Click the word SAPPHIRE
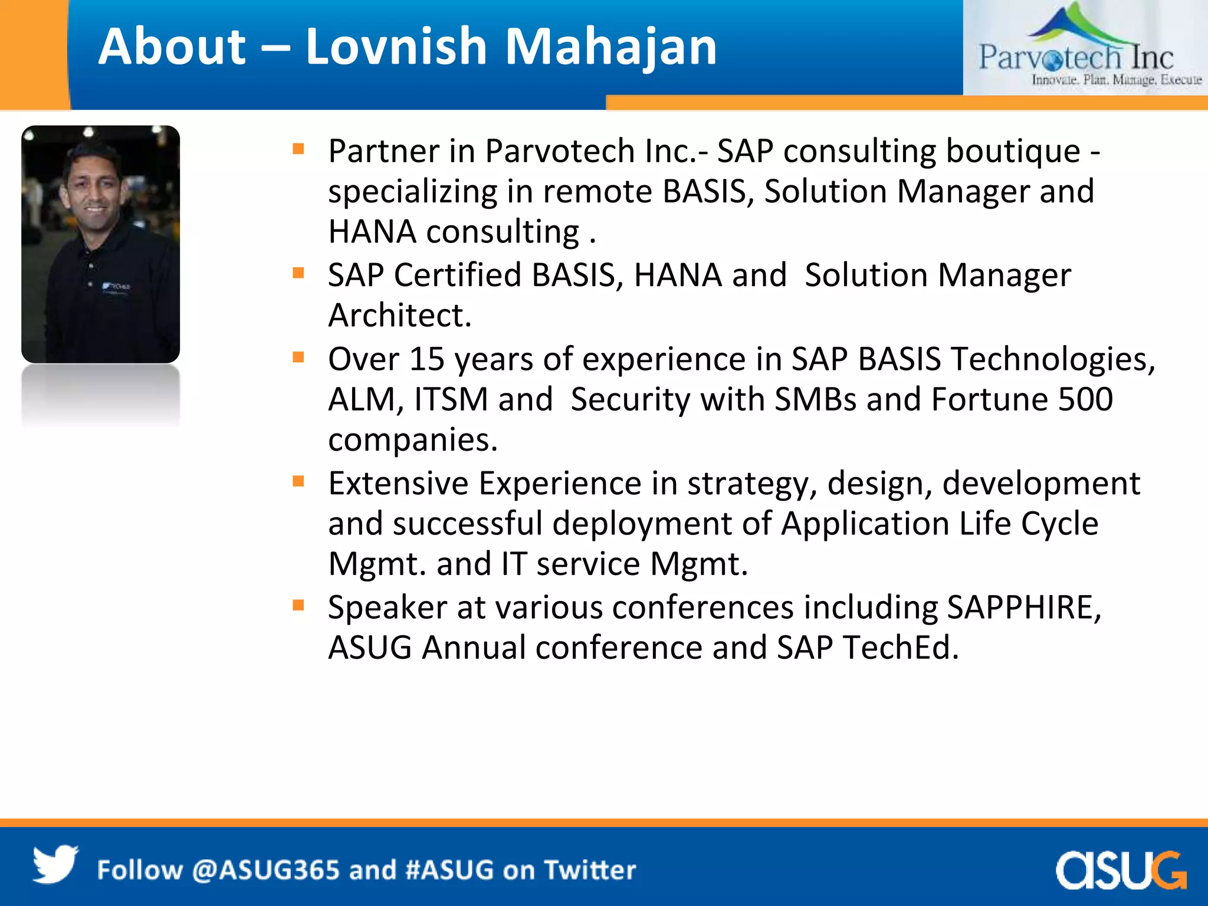tap(1023, 608)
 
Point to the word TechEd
tap(900, 648)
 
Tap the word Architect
tap(399, 316)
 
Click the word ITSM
tap(451, 399)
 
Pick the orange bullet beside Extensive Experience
tap(298, 482)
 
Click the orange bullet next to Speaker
tap(298, 606)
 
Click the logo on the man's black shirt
tap(117, 286)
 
